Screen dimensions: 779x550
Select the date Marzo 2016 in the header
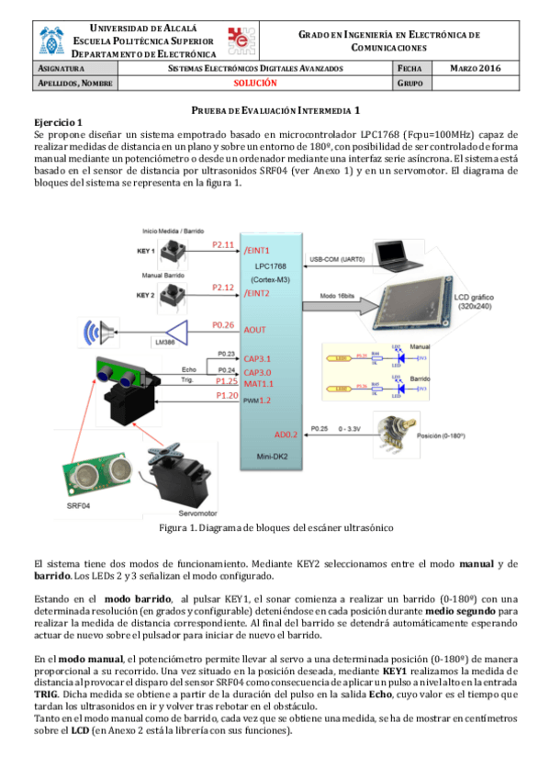tap(476, 69)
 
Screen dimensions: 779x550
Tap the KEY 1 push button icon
tap(171, 251)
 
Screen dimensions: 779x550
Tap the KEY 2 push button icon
tap(171, 295)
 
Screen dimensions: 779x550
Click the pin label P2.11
tap(223, 245)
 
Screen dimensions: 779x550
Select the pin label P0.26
tap(223, 325)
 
